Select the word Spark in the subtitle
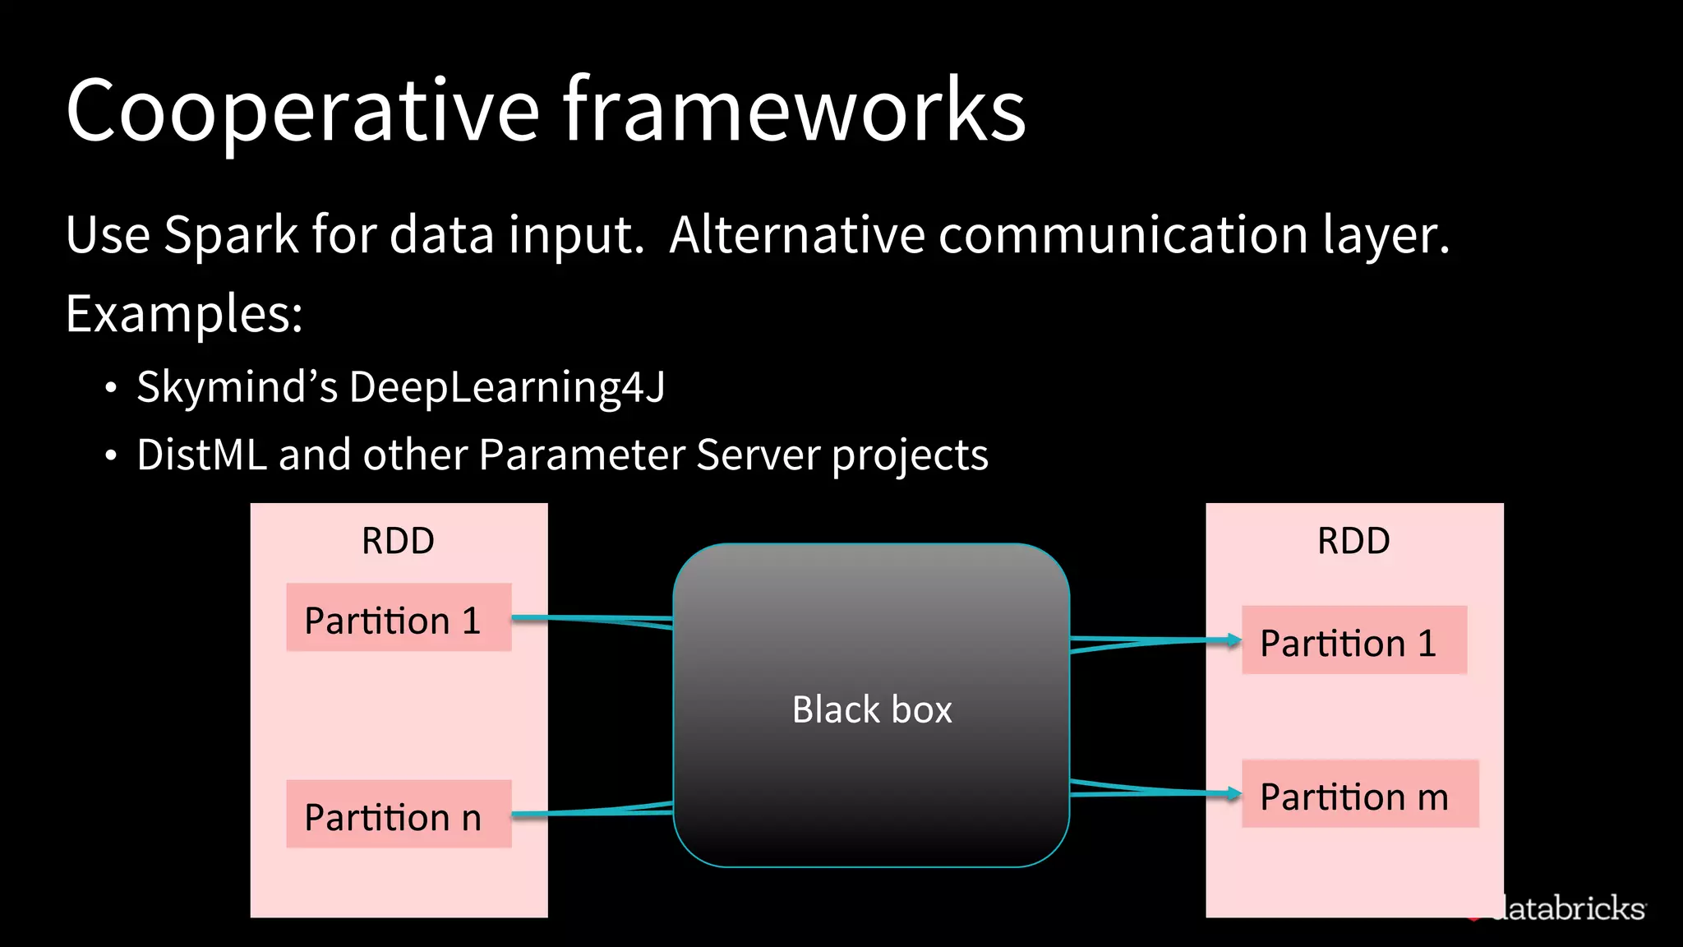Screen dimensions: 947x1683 (x=231, y=235)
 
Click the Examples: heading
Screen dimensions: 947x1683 (x=184, y=314)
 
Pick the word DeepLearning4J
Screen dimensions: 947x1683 (x=507, y=386)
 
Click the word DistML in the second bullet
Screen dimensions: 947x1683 (x=201, y=455)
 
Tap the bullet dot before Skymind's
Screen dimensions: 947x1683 (x=111, y=388)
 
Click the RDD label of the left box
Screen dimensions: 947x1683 (x=398, y=541)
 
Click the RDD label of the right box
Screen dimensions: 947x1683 (x=1353, y=541)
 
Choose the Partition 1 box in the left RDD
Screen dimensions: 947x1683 (x=399, y=618)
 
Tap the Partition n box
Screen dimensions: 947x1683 (x=399, y=814)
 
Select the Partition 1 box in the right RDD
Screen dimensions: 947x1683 (x=1353, y=640)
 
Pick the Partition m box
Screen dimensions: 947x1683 (x=1359, y=794)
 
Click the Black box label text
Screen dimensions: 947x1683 (x=871, y=709)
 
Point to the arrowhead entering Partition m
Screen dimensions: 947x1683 (x=1233, y=793)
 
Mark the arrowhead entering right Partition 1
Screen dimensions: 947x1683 (x=1233, y=640)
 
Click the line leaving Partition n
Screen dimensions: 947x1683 (x=575, y=812)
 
